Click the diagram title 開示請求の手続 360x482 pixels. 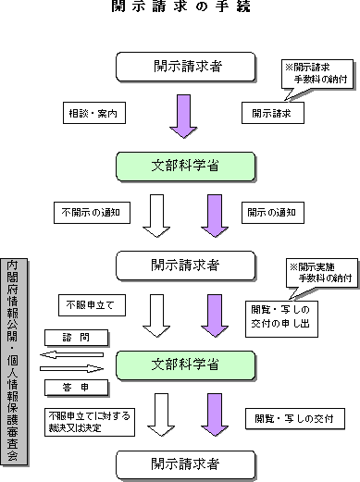[x=180, y=7]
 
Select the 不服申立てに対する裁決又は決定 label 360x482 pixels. [x=84, y=422]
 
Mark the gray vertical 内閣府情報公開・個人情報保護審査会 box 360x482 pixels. [x=16, y=362]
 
